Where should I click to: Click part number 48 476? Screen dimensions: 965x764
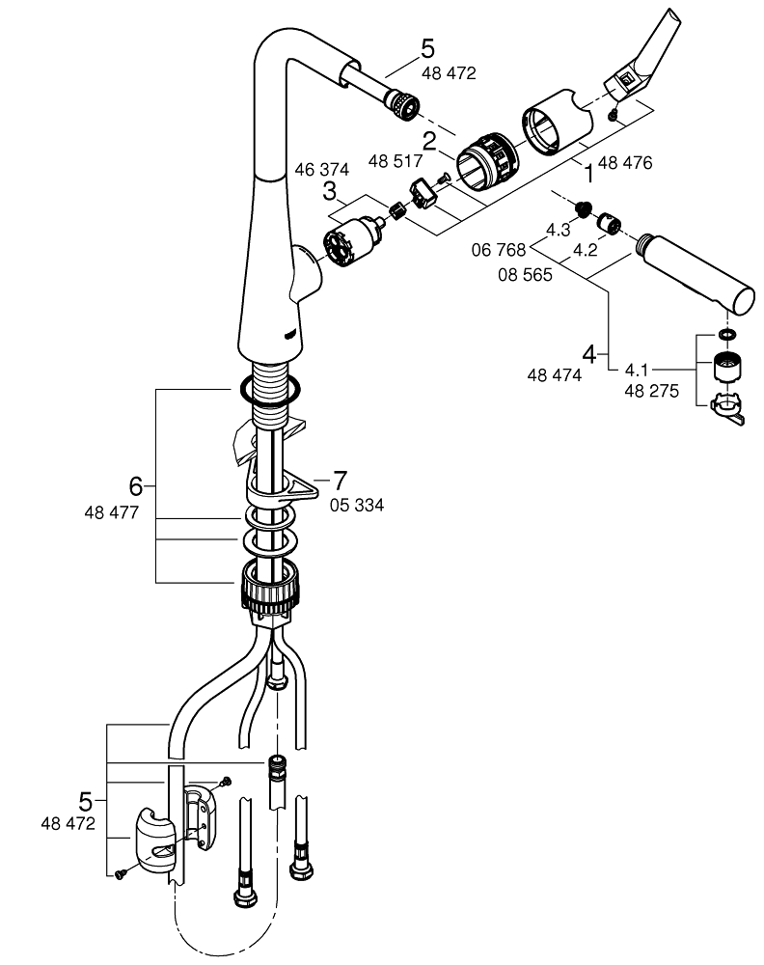[625, 163]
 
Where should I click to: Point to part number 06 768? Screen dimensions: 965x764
[498, 250]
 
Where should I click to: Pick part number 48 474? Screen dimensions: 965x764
[555, 376]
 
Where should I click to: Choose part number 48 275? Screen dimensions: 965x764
[652, 393]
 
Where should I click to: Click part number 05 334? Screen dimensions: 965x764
[357, 504]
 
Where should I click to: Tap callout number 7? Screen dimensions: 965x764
[339, 479]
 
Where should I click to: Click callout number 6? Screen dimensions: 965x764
[136, 483]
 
